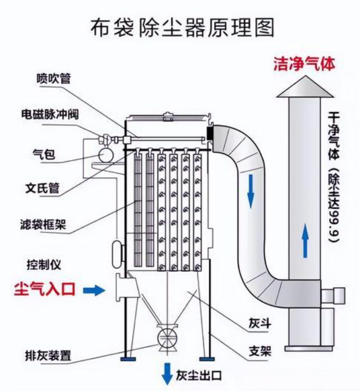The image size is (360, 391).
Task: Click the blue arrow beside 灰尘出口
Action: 167,372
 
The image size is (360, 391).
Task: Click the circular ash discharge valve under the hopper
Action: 166,338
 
